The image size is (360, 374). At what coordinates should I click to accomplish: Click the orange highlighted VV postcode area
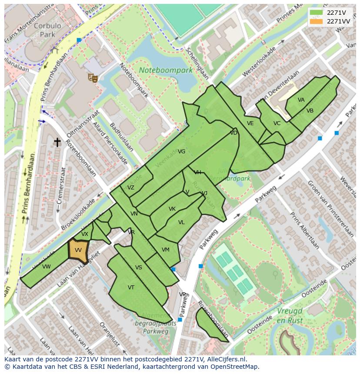pos(78,251)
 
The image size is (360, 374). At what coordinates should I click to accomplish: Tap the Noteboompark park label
pos(166,70)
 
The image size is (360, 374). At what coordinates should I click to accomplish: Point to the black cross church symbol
pos(57,142)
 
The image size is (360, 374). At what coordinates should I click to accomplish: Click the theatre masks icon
pos(92,77)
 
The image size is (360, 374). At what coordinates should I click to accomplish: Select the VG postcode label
pos(182,152)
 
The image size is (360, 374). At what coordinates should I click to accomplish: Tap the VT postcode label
pos(131,288)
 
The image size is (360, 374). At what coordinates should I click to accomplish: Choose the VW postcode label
pos(47,267)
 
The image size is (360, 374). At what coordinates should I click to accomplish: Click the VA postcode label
pos(301,100)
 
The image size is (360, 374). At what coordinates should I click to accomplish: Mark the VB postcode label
pos(310,111)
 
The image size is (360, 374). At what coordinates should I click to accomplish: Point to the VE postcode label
pos(250,123)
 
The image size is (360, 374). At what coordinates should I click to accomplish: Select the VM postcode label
pos(165,250)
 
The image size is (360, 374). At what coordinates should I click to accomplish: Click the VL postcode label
pos(181,222)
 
